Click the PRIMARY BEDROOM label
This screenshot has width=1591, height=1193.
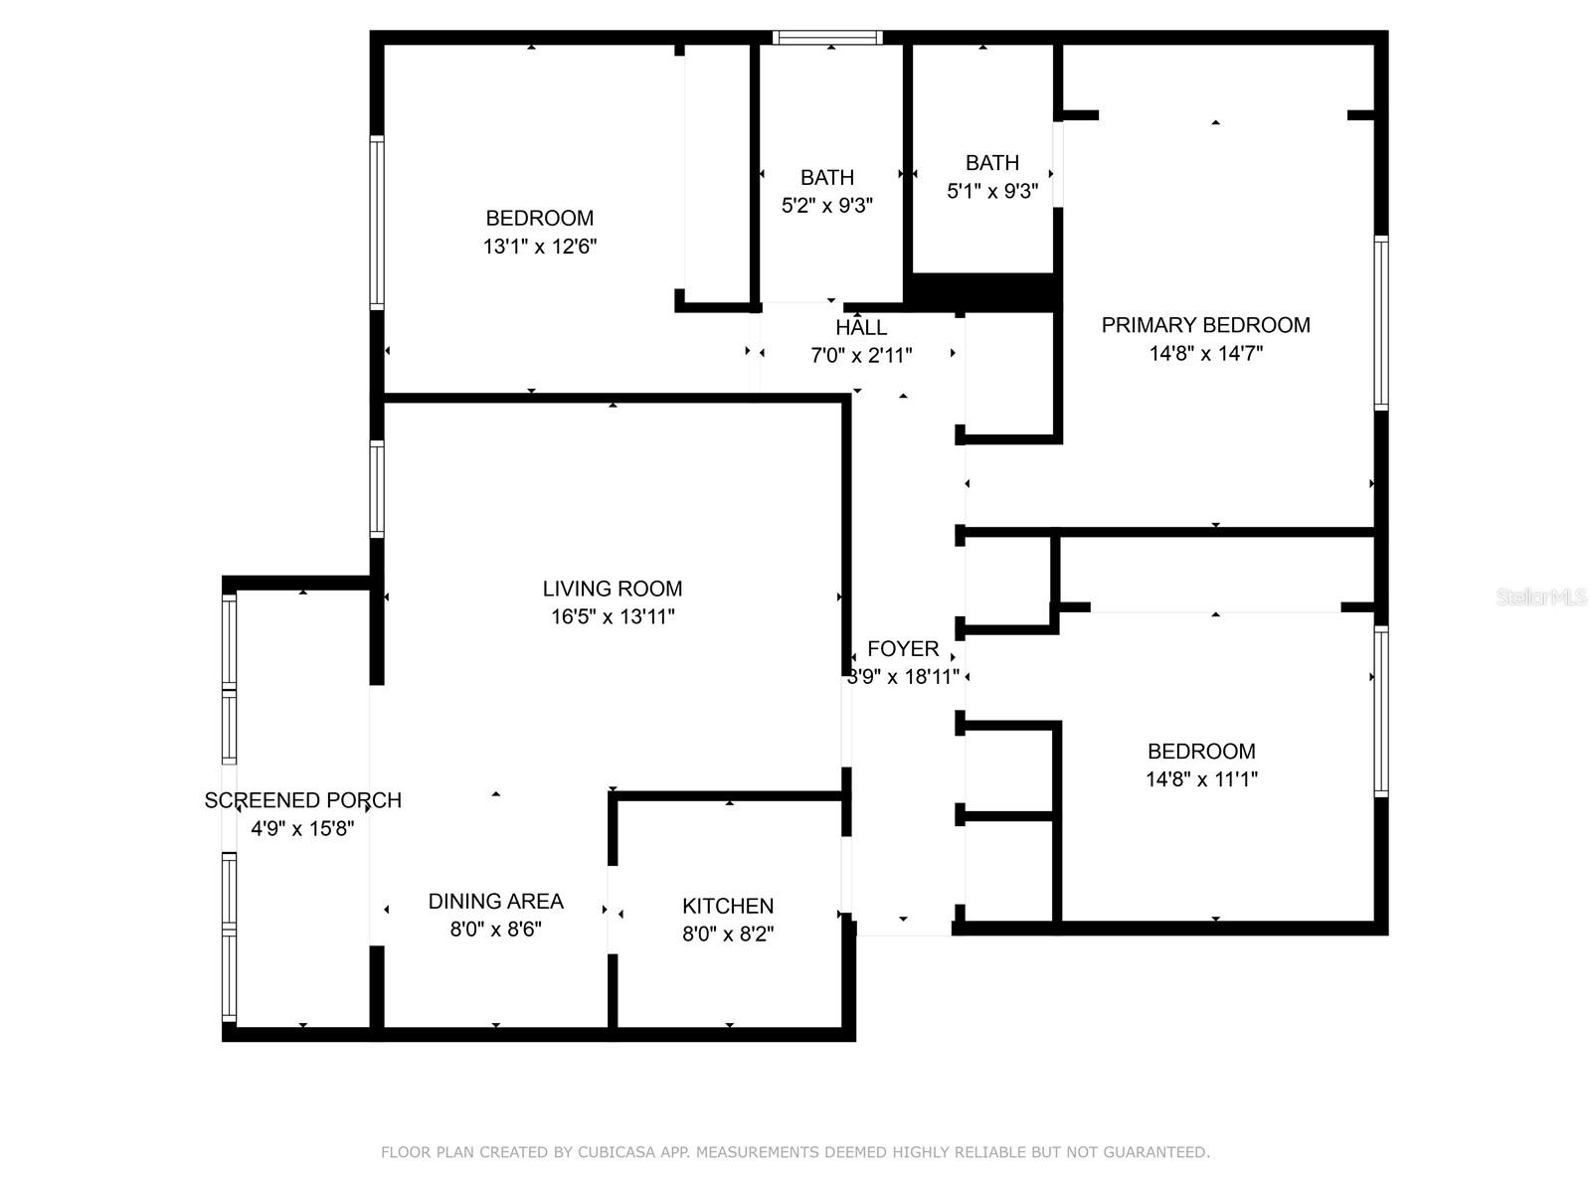[x=1205, y=325]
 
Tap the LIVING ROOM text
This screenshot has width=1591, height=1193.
[x=613, y=589]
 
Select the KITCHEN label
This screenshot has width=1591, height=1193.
[x=728, y=906]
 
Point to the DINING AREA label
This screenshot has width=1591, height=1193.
[x=495, y=901]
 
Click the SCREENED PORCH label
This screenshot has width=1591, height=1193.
[x=302, y=800]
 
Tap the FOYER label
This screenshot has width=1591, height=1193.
[x=903, y=649]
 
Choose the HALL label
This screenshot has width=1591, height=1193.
[x=861, y=328]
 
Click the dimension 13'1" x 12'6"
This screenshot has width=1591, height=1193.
[x=540, y=247]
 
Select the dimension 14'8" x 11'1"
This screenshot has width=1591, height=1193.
[x=1201, y=779]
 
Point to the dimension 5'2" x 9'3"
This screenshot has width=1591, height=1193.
[x=827, y=206]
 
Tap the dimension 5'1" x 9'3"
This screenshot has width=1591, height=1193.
[x=992, y=191]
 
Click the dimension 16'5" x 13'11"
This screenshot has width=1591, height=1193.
[x=613, y=616]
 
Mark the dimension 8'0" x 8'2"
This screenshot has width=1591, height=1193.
[x=728, y=934]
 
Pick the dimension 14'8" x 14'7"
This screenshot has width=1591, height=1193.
[x=1205, y=353]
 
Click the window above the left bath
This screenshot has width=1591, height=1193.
[x=827, y=38]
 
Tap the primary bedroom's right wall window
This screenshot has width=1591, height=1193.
[x=1380, y=323]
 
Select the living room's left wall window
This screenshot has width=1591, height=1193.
[x=377, y=488]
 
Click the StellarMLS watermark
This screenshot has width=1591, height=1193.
[x=1540, y=596]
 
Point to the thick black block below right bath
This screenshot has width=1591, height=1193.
[x=982, y=291]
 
